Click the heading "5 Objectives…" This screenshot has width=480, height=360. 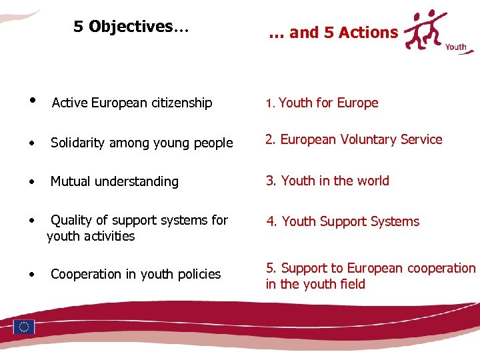[x=131, y=27]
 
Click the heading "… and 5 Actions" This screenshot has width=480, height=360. [x=333, y=33]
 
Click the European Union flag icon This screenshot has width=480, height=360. [x=24, y=327]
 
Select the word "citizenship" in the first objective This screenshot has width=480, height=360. [x=182, y=103]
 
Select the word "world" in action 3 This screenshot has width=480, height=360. [x=373, y=181]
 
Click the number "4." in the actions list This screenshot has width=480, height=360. [x=272, y=221]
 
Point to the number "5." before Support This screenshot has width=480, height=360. [x=271, y=268]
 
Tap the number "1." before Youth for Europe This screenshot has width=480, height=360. [x=269, y=104]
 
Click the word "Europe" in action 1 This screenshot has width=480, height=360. [x=358, y=103]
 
